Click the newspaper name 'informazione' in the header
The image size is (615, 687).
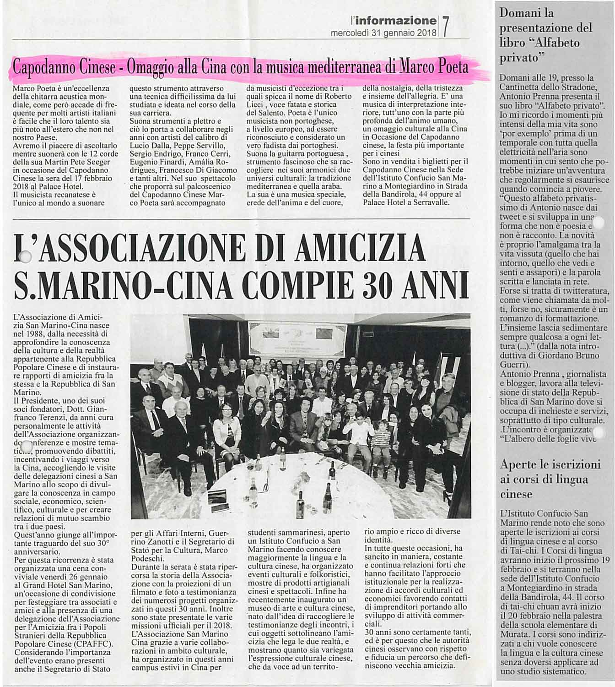point(395,21)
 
